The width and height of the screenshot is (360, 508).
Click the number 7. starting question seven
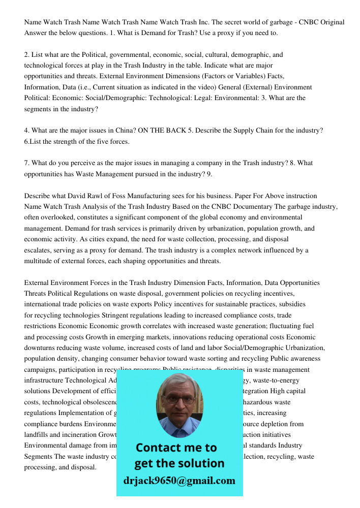tap(27, 163)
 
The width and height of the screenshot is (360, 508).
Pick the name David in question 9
tap(80, 196)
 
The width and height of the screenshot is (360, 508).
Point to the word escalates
tap(39, 250)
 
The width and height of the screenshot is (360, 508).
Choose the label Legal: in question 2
tap(205, 98)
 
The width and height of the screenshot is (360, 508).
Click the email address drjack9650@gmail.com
tap(179, 481)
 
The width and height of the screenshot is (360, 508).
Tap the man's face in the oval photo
tap(179, 401)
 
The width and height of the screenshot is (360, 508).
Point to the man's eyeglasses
tap(179, 399)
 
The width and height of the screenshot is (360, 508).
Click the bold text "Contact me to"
tap(176, 448)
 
